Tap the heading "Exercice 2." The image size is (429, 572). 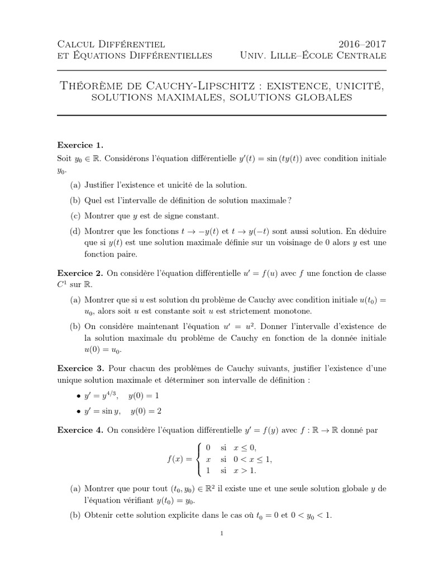tap(81, 273)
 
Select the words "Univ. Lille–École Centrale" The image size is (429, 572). tap(313, 55)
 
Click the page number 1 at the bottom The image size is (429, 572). tap(222, 533)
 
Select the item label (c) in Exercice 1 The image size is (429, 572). tap(75, 216)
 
